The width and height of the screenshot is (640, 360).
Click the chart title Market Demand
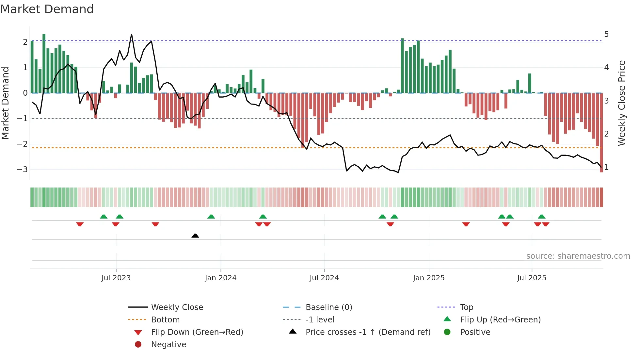point(47,9)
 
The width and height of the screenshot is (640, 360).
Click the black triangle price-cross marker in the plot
point(195,236)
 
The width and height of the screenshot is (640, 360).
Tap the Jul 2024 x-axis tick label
point(324,278)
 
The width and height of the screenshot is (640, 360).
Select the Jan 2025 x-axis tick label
point(428,278)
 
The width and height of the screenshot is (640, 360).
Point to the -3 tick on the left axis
point(22,170)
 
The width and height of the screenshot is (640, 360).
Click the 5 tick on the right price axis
point(606,34)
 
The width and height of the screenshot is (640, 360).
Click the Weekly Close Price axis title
point(622,103)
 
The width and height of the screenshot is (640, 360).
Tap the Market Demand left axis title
point(6,103)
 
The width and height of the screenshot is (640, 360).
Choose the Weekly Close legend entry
point(177,307)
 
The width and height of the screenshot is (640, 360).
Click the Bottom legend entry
point(165,320)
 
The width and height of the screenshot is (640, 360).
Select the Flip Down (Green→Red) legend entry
point(197,332)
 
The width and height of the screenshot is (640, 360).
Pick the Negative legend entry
point(168,345)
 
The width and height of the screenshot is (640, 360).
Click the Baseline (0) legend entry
point(328,307)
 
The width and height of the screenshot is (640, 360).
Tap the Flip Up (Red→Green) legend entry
point(500,320)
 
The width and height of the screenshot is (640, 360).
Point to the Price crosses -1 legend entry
point(368,332)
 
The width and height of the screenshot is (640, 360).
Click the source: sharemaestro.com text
point(578,256)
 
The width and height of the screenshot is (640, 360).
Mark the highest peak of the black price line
point(132,34)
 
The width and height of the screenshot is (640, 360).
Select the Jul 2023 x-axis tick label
point(116,278)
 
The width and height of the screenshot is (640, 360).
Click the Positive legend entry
point(475,332)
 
